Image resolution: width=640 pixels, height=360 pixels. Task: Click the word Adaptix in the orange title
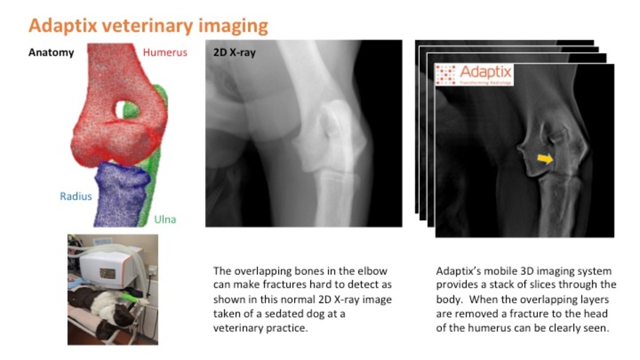(61, 26)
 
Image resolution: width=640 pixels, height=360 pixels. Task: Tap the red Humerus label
(165, 52)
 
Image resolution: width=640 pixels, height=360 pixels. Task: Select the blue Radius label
(76, 196)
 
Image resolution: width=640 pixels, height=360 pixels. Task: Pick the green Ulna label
(165, 219)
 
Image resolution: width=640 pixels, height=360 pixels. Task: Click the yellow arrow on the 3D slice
(545, 158)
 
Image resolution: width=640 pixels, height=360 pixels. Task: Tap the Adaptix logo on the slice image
(474, 75)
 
